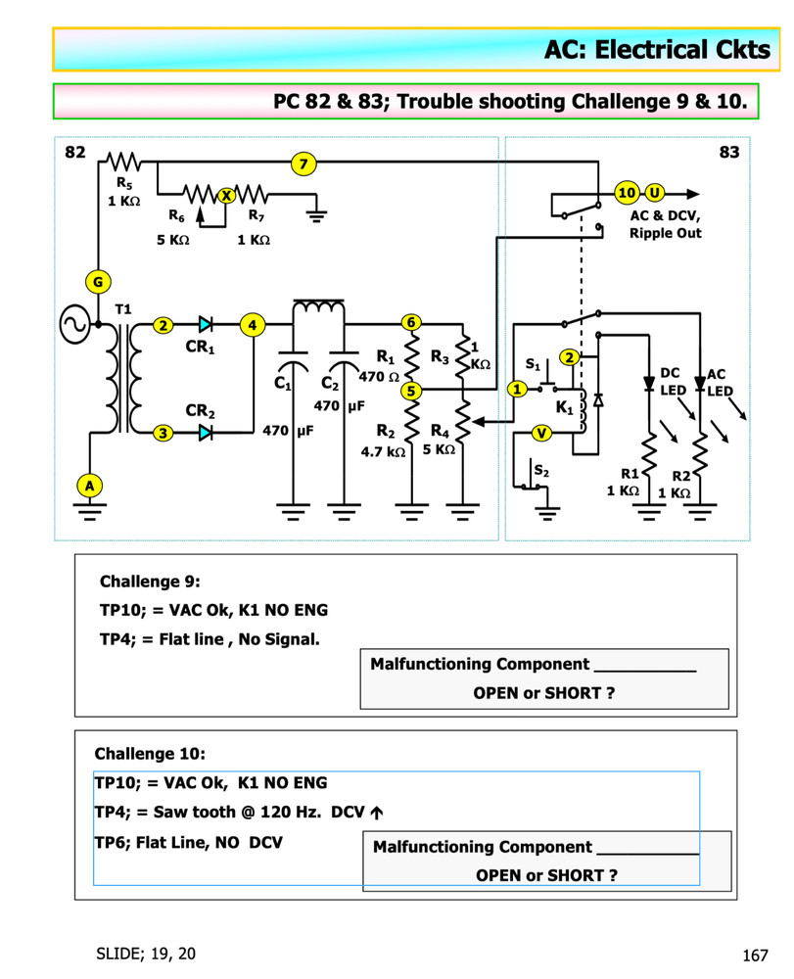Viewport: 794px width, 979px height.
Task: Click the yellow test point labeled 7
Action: pyautogui.click(x=304, y=165)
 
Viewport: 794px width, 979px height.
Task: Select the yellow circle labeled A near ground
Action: pyautogui.click(x=89, y=485)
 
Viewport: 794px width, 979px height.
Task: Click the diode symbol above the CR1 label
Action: pyautogui.click(x=206, y=324)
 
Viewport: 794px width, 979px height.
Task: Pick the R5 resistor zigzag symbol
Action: pyautogui.click(x=124, y=161)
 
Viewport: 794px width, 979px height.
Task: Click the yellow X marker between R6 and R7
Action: pyautogui.click(x=226, y=195)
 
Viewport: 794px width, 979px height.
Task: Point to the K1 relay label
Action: pyautogui.click(x=565, y=407)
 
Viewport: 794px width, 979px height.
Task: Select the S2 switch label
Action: pyautogui.click(x=540, y=472)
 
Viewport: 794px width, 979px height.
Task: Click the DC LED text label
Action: pyautogui.click(x=672, y=382)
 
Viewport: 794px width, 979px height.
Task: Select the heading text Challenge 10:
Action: pyautogui.click(x=150, y=754)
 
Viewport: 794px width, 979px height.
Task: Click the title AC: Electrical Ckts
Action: pyautogui.click(x=657, y=49)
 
